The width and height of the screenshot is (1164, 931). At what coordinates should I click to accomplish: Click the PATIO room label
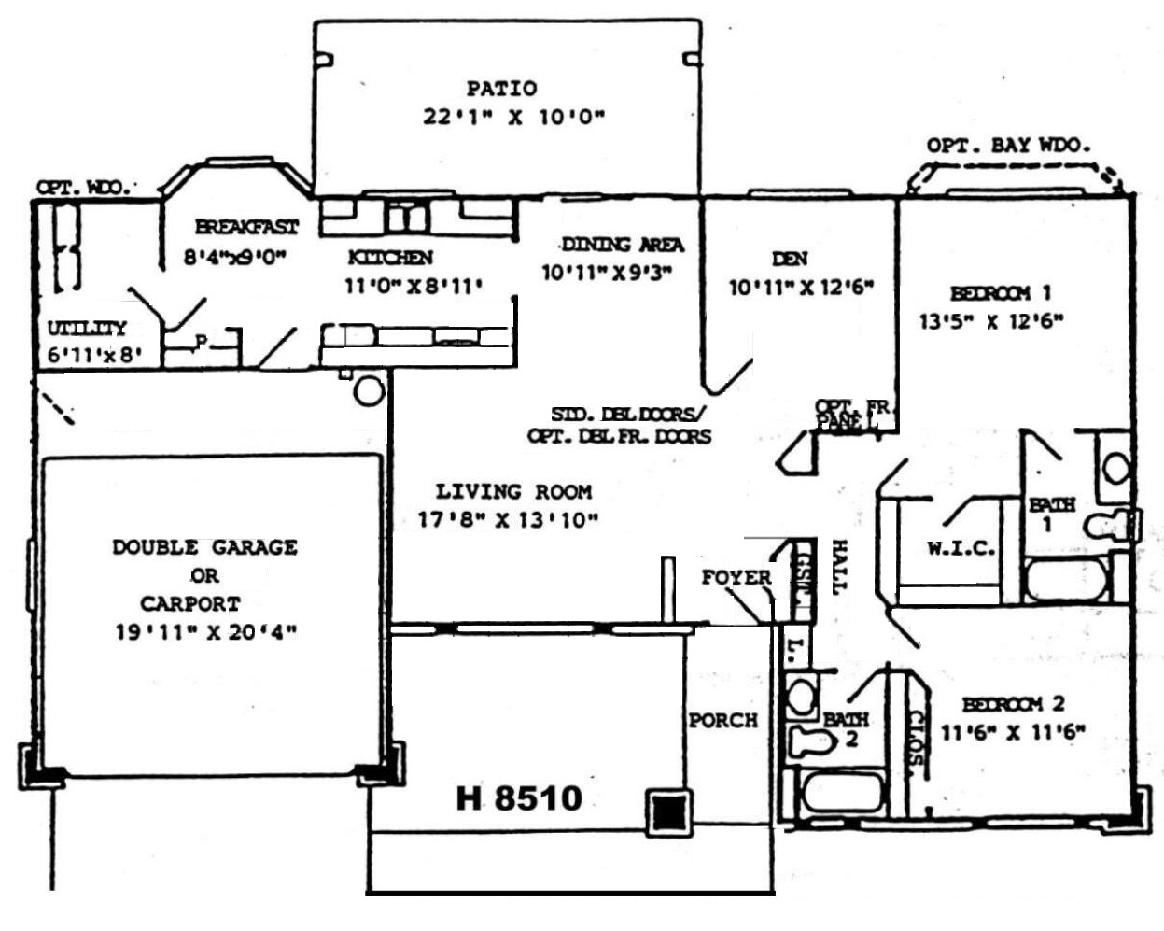coord(502,89)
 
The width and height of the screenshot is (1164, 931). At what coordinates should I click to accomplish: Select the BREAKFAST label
coord(246,227)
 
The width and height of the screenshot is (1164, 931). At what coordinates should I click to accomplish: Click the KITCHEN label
coord(390,257)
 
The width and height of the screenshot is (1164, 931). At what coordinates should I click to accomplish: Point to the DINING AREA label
coord(622,245)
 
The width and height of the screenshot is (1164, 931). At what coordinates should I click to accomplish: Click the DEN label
coord(790,259)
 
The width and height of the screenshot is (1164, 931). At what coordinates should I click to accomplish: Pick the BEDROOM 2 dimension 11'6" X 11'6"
coord(1013,733)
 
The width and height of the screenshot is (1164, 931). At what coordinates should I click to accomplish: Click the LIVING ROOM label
coord(513,491)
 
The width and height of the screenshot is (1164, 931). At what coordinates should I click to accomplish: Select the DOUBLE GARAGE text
coord(204,547)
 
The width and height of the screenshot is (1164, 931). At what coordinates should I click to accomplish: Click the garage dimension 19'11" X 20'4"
coord(205,632)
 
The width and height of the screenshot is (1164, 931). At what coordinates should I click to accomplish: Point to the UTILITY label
coord(87,329)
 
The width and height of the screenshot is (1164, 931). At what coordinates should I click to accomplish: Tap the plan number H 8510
coord(519,798)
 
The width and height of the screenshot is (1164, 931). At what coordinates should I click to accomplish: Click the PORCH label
coord(722,721)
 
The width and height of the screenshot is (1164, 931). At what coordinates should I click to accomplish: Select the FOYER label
coord(736,578)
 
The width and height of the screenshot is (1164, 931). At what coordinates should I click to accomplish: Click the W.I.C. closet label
coord(961,549)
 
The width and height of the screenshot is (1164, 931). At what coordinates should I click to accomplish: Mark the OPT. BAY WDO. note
coord(1008,146)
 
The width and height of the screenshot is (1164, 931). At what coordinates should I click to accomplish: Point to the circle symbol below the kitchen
coord(370,389)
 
